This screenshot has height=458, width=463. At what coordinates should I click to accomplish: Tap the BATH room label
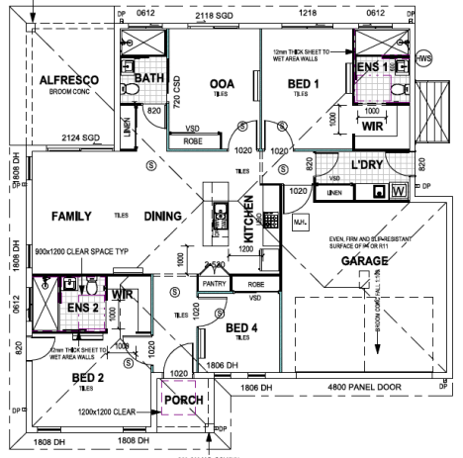coord(148,77)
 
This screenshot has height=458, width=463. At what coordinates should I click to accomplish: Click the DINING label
coord(162,216)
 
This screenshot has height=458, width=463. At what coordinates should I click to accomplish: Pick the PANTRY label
coord(215,284)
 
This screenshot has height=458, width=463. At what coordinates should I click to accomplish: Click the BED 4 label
coord(243,327)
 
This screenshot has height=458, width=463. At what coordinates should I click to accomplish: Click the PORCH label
coord(185,400)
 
